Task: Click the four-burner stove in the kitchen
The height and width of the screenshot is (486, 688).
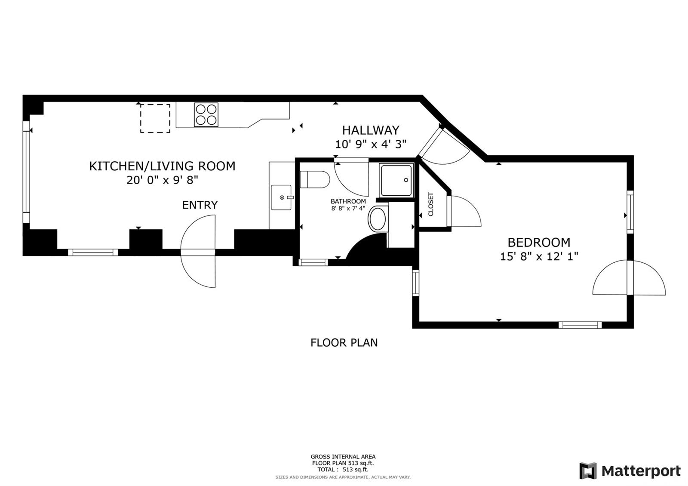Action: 206,114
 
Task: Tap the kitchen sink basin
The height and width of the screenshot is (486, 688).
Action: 281,197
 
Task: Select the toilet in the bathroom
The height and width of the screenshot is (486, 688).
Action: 315,179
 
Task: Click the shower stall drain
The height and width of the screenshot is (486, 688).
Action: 406,180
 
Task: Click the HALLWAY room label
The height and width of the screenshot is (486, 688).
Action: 370,130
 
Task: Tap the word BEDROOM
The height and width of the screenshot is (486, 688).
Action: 539,243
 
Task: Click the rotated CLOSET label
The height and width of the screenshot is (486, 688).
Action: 430,204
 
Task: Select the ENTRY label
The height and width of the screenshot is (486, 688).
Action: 200,205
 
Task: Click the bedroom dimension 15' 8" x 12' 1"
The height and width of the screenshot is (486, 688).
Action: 539,256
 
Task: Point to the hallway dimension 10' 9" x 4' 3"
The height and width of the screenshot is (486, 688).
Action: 370,144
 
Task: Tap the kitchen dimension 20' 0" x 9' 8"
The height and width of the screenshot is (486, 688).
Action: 162,180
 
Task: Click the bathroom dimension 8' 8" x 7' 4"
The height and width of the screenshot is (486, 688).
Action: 348,208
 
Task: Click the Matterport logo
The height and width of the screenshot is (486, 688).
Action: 630,471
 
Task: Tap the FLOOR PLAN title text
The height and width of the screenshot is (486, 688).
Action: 344,342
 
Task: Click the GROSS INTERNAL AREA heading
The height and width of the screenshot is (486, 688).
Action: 343,457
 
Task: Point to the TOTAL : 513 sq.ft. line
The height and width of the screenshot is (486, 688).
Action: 343,469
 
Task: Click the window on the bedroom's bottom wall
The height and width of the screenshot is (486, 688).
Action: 580,325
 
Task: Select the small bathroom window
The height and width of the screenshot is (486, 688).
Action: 313,262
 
